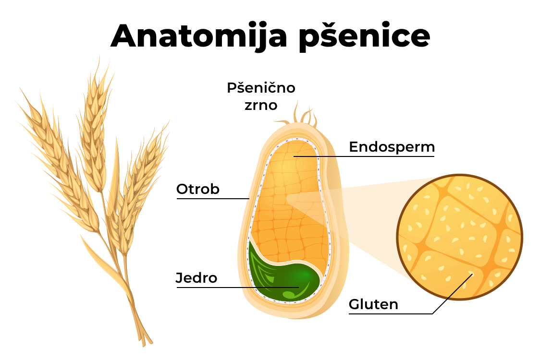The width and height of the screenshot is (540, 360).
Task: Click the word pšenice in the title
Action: point(364,36)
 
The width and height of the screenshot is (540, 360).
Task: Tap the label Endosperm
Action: point(392,147)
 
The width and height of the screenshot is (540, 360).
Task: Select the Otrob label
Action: point(197,189)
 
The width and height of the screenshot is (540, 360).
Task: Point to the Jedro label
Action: point(196,278)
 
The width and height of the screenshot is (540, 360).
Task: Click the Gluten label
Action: point(373,304)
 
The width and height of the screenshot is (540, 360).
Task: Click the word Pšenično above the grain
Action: point(261,88)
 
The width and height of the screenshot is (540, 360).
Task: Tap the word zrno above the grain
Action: point(261,105)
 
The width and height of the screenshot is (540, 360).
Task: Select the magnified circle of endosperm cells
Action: point(460,237)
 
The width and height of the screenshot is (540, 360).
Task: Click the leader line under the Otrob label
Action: point(213,199)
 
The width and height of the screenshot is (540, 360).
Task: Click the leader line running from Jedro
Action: point(238,287)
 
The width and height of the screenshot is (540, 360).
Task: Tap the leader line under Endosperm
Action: point(364,156)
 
